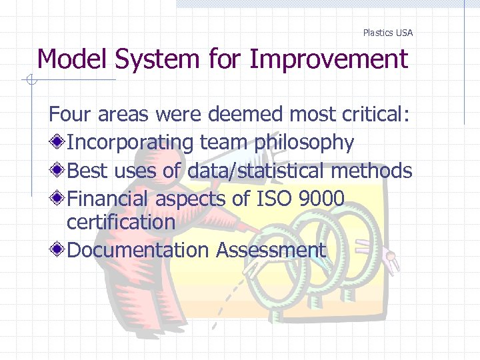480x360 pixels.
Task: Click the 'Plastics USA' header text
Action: point(387,33)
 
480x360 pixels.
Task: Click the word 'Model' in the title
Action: point(73,59)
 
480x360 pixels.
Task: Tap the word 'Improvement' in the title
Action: point(328,59)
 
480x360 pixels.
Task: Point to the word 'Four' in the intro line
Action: point(70,115)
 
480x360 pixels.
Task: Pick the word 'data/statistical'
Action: point(256,171)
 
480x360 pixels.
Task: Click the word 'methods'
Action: point(371,171)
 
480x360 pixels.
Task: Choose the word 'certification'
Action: point(121,222)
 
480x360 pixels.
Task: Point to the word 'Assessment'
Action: point(271,251)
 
